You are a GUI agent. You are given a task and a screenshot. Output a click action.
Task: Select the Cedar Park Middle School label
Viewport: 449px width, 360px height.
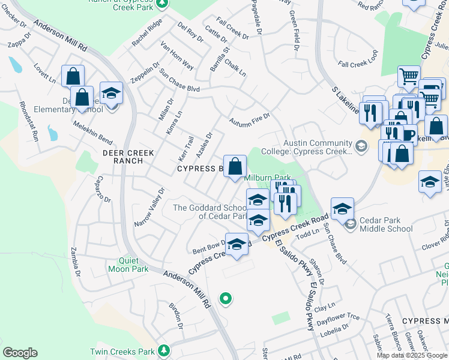384,224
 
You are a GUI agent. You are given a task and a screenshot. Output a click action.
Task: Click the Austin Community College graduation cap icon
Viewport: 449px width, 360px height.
361,146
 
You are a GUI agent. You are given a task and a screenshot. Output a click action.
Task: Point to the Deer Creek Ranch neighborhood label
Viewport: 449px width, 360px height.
123,157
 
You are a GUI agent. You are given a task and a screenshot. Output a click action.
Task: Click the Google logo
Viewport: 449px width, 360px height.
20,353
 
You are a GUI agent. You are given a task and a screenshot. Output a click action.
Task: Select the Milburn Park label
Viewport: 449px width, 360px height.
268,178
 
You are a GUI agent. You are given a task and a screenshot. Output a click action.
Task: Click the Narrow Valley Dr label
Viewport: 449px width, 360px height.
149,208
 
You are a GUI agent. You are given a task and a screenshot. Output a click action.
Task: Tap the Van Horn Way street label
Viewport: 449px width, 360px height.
176,55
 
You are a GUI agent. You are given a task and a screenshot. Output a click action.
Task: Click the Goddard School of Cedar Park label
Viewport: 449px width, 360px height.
210,211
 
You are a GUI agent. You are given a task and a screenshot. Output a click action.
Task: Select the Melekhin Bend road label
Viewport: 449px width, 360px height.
92,133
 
